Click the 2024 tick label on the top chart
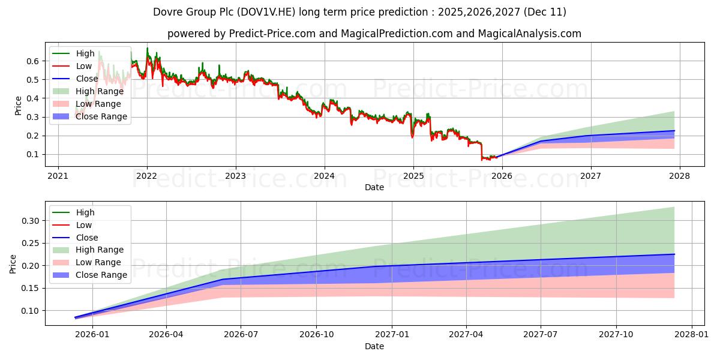tap(324, 176)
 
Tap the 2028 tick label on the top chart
tap(680, 176)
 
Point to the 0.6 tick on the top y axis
tap(33, 61)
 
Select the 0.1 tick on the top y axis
tap(33, 154)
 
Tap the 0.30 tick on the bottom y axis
tap(31, 221)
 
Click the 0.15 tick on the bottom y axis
tap(31, 288)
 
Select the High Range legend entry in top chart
tap(100, 91)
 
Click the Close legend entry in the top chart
tap(86, 79)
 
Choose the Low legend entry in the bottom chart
tap(84, 225)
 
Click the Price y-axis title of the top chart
tap(17, 105)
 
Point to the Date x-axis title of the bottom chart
tap(374, 346)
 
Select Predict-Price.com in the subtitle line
tap(272, 34)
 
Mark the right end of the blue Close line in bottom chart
tap(674, 254)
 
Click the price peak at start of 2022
tap(147, 49)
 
